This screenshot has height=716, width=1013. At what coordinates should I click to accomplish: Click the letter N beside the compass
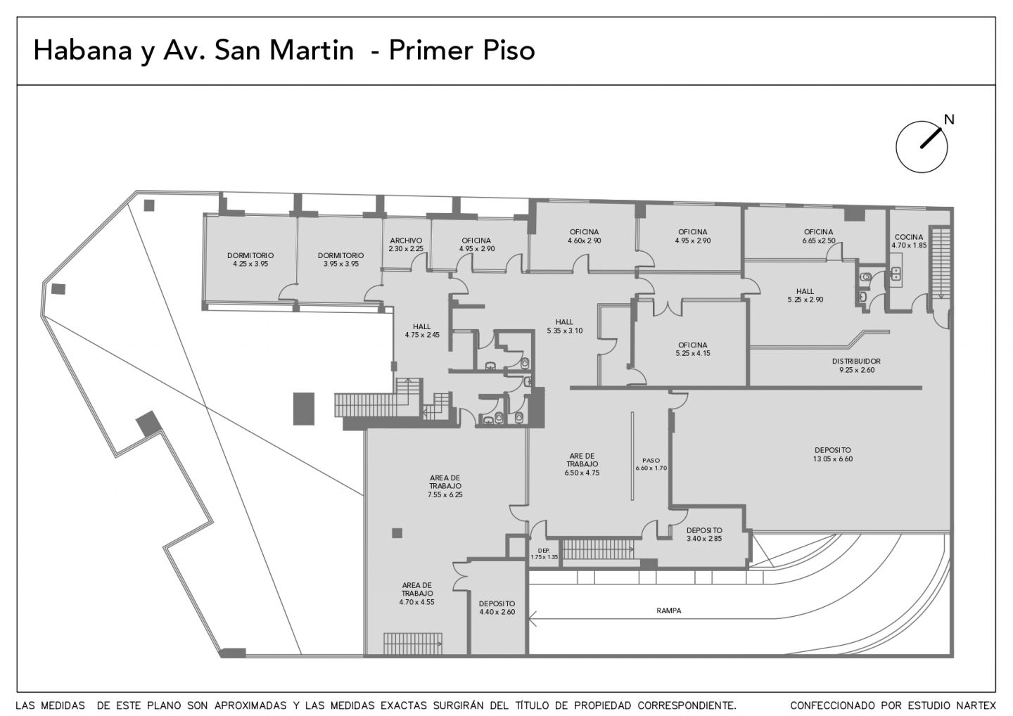coord(949,120)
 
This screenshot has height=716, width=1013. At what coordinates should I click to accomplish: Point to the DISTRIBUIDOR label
coord(857,361)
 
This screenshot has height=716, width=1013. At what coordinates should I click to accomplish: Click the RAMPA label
coord(669,610)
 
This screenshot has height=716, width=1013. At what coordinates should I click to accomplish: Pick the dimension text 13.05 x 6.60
coord(833,459)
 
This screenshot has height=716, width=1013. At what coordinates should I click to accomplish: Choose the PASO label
coord(651,460)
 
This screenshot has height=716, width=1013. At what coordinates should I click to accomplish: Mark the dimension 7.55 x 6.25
coord(445,494)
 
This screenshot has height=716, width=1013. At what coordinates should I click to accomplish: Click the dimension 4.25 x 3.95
coord(250,264)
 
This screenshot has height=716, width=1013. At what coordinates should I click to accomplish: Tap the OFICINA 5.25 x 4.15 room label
coord(693,349)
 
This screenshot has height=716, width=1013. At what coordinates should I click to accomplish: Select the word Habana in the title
coord(83,50)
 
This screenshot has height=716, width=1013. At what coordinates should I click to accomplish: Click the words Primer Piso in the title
coord(461,50)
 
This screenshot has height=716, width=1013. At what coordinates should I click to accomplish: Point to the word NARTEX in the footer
coord(978,705)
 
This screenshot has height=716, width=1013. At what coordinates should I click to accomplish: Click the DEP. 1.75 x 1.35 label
coord(544,554)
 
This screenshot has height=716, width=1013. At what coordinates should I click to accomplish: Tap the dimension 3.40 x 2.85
coord(704,538)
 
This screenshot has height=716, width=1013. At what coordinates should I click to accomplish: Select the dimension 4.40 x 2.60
coord(497,612)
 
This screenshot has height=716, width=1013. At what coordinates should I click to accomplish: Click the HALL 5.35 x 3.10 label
coord(564,326)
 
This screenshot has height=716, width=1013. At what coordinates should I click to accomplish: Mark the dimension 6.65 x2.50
coord(819,241)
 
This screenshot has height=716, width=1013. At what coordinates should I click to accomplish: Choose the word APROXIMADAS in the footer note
coord(250,705)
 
